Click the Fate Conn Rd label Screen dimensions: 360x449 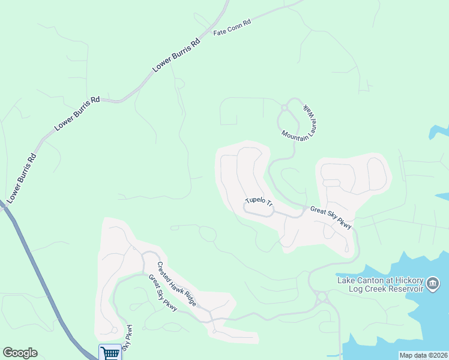point(232,27)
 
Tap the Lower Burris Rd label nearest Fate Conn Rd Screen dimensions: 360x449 point(176,56)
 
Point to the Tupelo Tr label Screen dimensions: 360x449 point(259,201)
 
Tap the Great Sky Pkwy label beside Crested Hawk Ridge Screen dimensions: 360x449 point(163,293)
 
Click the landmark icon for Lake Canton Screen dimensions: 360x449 point(433,282)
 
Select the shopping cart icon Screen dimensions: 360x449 point(109,353)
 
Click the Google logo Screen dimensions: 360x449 point(20,353)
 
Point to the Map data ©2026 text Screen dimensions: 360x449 point(423,355)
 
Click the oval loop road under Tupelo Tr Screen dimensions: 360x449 point(259,209)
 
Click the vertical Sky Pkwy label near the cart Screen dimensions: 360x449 point(127,339)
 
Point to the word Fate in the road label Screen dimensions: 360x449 point(220,31)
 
